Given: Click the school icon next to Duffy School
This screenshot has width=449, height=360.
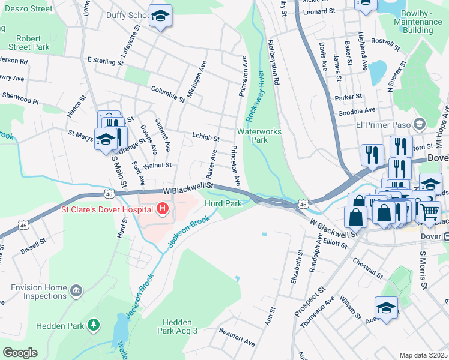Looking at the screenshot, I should click(160, 16).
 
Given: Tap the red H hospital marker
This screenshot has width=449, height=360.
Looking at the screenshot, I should click(162, 209).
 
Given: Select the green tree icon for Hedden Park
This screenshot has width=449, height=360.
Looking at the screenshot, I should click(94, 325).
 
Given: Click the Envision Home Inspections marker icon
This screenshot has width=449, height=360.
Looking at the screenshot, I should click(76, 292).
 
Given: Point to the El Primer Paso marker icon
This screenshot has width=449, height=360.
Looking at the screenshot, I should click(420, 125).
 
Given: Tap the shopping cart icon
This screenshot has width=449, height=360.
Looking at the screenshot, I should click(429, 212).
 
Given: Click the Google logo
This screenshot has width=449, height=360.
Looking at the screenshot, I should click(20, 353).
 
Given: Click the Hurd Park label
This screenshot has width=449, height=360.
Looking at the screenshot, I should click(223, 204).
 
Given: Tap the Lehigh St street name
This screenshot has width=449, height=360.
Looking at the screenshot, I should click(205, 137).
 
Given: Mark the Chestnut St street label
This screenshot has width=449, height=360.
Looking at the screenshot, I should click(367, 269).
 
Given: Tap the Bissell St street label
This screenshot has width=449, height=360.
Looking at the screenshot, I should click(34, 245).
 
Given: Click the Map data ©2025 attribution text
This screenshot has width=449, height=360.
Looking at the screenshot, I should click(423, 355).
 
